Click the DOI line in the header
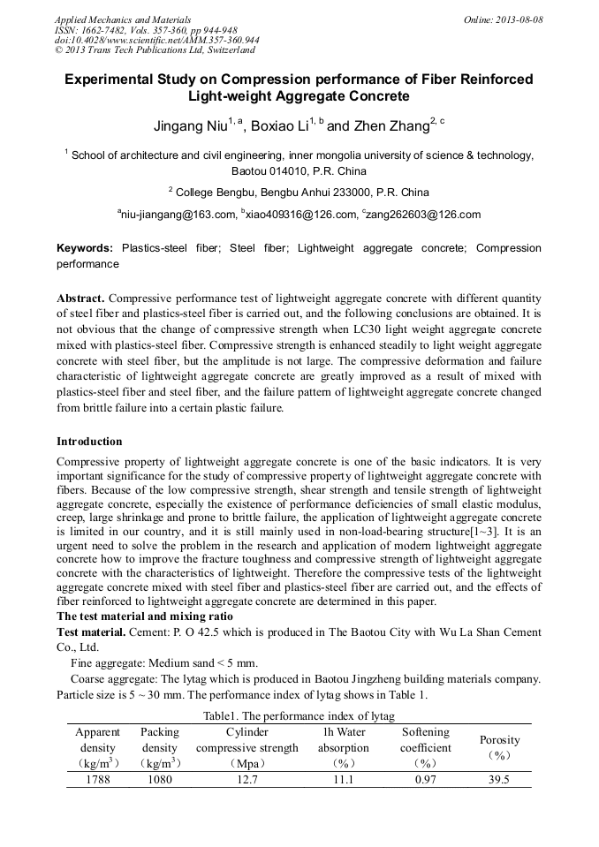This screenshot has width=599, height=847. click(x=156, y=41)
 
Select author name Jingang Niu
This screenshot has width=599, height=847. click(x=192, y=125)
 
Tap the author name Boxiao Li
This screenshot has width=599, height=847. click(x=282, y=125)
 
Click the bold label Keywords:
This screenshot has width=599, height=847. click(x=85, y=249)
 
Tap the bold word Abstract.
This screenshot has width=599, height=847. click(x=82, y=299)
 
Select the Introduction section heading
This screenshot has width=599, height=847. click(x=89, y=441)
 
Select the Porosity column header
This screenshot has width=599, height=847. click(x=499, y=739)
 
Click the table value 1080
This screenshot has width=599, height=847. click(x=159, y=779)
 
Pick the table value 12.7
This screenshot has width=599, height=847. click(x=247, y=779)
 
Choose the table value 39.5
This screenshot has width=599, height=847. click(x=499, y=779)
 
